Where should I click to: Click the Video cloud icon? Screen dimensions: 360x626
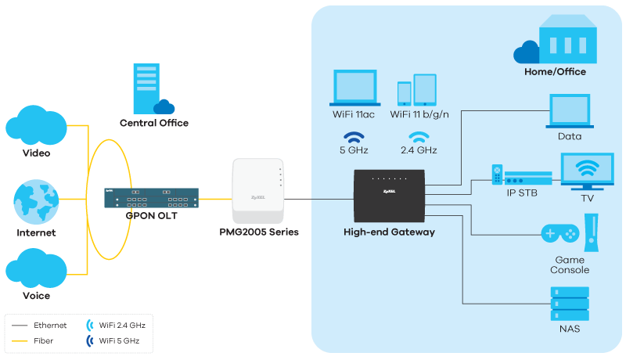pyautogui.click(x=36, y=126)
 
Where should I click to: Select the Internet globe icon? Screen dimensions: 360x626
pyautogui.click(x=36, y=203)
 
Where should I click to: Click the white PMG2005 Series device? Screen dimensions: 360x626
pyautogui.click(x=257, y=191)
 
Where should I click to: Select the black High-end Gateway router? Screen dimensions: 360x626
pyautogui.click(x=389, y=195)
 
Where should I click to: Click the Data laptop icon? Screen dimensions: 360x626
pyautogui.click(x=570, y=111)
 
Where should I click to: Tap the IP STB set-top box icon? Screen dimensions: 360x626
pyautogui.click(x=520, y=178)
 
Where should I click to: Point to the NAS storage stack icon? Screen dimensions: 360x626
pyautogui.click(x=570, y=304)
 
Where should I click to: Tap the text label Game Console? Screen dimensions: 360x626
pyautogui.click(x=571, y=265)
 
